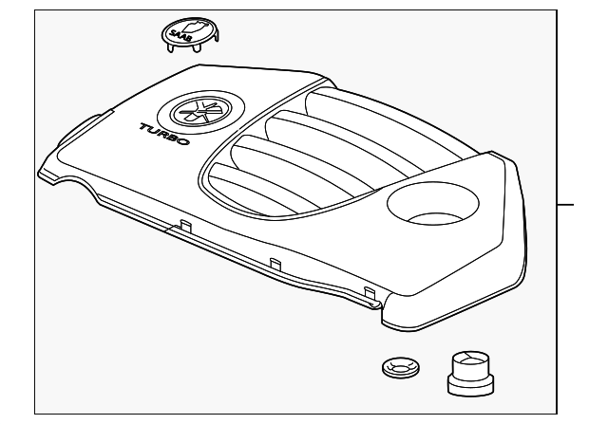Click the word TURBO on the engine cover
coord(164,135)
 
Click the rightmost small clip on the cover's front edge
coord(369,291)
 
